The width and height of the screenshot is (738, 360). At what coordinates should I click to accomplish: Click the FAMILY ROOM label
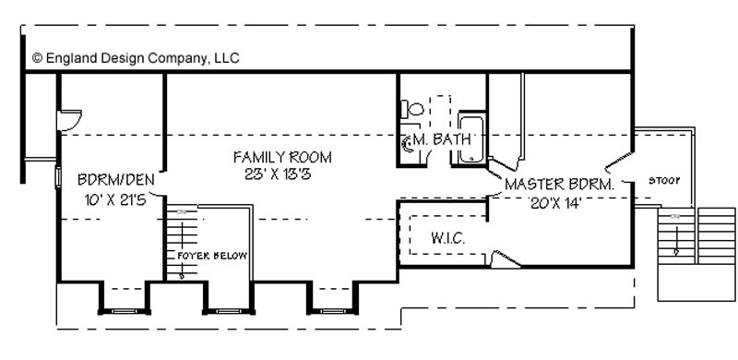coord(282,157)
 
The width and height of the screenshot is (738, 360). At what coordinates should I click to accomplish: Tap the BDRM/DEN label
coord(116,179)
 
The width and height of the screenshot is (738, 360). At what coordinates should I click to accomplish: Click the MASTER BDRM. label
coord(560,185)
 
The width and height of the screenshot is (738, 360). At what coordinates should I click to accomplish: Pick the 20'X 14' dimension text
coord(556,204)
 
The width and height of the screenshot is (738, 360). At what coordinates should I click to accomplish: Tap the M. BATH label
coord(442,139)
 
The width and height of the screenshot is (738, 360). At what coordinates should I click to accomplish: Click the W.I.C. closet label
coord(448,238)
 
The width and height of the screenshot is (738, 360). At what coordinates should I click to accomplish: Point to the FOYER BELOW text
coord(212,256)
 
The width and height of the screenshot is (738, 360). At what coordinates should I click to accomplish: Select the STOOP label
coord(664,181)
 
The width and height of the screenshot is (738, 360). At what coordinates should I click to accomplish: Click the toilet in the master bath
coord(412,109)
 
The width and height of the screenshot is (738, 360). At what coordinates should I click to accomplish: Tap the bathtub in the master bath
coord(471,138)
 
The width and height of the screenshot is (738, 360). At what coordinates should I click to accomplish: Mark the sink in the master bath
coord(407,144)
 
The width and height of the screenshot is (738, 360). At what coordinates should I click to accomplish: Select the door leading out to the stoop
coord(618,161)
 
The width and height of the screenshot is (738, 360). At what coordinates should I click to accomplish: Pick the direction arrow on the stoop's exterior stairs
coord(677,240)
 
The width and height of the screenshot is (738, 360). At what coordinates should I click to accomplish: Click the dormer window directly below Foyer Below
coord(228,311)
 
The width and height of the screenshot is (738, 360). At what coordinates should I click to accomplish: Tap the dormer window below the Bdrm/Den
coord(125,311)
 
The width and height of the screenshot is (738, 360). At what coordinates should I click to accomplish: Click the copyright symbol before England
coord(38,58)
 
